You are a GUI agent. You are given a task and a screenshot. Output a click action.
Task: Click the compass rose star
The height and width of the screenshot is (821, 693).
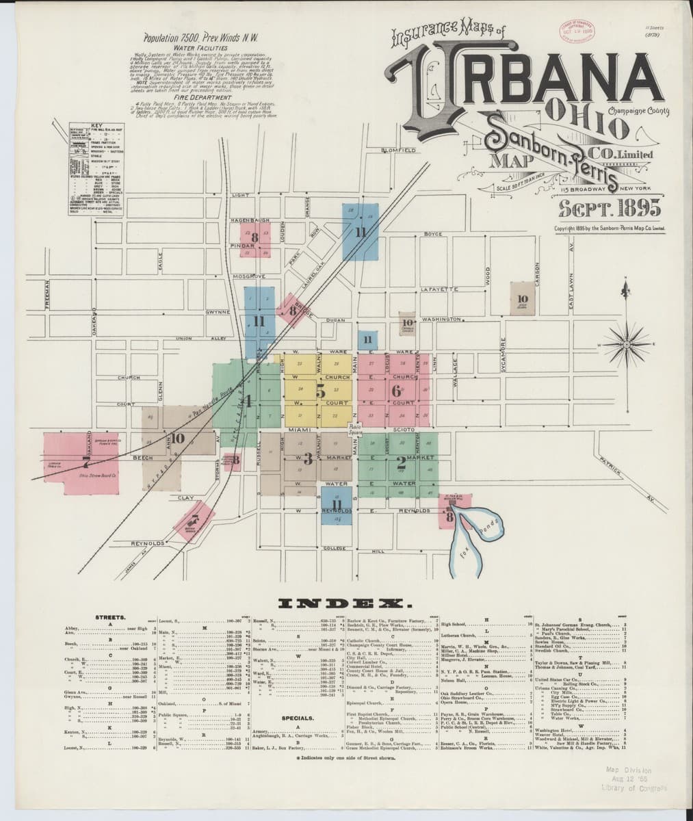pos(624,343)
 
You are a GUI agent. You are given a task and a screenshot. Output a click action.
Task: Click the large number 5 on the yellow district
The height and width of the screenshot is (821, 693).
pos(320,391)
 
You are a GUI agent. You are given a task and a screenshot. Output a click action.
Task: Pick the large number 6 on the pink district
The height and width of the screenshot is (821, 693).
pos(395,391)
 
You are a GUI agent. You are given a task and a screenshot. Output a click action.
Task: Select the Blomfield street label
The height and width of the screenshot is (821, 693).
pos(398,150)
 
